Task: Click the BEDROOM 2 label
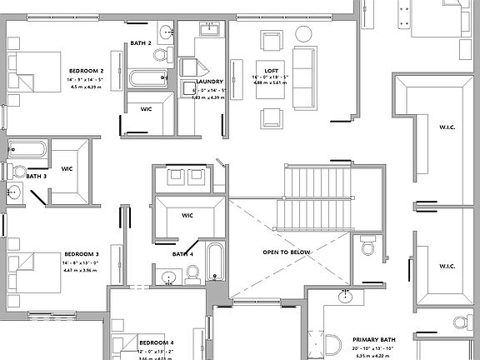point(86,71)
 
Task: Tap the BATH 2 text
point(141,42)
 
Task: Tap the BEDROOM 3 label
point(82,253)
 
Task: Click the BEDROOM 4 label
point(156,342)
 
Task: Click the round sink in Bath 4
point(169,277)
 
